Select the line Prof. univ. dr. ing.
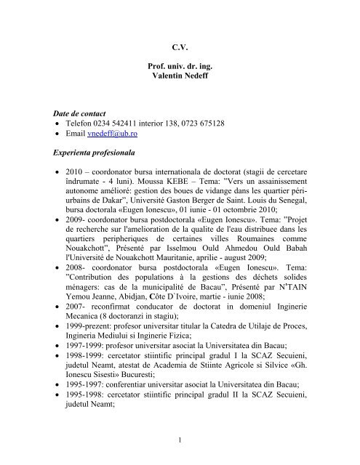(180, 67)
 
